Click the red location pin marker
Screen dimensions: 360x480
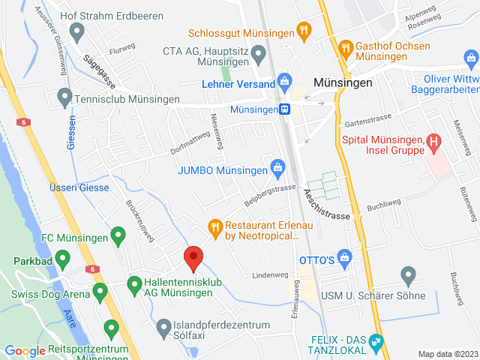point(193,257)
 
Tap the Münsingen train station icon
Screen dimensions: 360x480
point(285,109)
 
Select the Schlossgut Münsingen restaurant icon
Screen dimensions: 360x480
point(303,31)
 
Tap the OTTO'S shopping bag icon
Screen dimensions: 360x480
point(344,259)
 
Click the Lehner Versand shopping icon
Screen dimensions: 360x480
point(284,81)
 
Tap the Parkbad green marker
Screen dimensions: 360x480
point(63,260)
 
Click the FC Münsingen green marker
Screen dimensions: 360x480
point(117,236)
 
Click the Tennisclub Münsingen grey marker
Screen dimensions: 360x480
point(64,97)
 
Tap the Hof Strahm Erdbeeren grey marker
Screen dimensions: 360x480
point(76,31)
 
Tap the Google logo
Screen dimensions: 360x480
point(25,351)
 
